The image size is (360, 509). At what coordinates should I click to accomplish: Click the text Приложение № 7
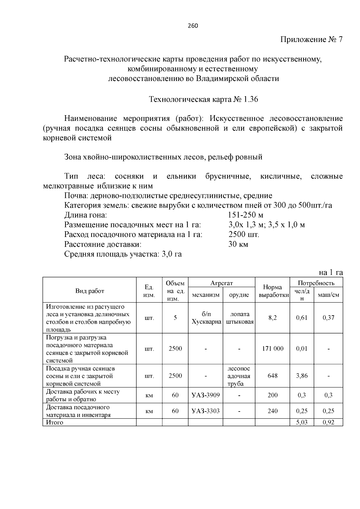point(311,40)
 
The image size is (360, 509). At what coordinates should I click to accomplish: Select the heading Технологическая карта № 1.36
point(203,99)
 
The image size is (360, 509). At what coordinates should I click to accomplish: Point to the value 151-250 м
point(246,215)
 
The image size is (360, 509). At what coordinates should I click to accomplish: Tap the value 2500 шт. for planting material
point(244,235)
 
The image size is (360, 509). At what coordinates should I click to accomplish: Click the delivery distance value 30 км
point(238,244)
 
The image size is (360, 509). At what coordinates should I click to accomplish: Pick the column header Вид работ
point(90,291)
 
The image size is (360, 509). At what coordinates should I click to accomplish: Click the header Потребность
point(316,283)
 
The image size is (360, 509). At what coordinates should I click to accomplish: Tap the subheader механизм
point(205,295)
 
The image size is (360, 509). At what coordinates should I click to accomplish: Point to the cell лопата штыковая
point(239,318)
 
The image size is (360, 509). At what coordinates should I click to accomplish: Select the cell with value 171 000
point(272,349)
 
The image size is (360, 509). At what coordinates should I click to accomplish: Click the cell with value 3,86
point(302,376)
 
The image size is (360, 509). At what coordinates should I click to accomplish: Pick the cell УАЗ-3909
point(205,395)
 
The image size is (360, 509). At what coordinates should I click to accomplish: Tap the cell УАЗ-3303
point(205,411)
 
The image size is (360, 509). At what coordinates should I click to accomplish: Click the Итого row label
point(55,422)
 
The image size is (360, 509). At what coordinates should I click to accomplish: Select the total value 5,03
point(302,422)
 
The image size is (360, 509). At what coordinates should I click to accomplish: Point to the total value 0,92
point(328,422)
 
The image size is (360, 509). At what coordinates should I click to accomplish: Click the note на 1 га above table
point(331,272)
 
